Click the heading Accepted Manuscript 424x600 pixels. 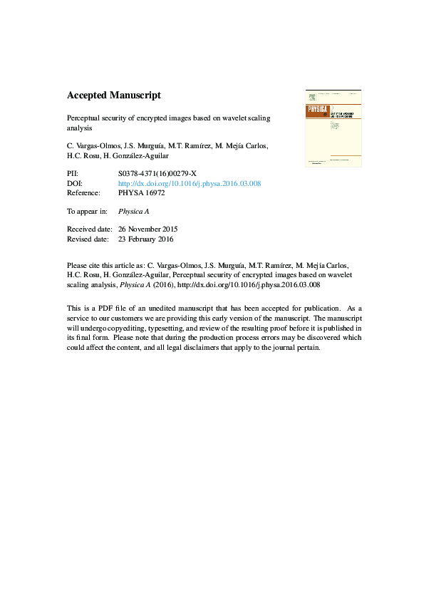[113, 95]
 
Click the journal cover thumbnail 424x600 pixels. [333, 128]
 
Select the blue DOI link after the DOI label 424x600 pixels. [189, 183]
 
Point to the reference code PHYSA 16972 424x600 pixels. [141, 192]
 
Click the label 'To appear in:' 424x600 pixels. [87, 211]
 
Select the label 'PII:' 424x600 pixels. [73, 173]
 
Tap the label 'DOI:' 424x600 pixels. [75, 183]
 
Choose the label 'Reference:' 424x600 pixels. [83, 192]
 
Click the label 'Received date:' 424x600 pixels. [88, 229]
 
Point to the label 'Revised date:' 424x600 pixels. [87, 239]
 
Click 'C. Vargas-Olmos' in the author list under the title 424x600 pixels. [93, 145]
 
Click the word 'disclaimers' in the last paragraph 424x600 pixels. [244, 348]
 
